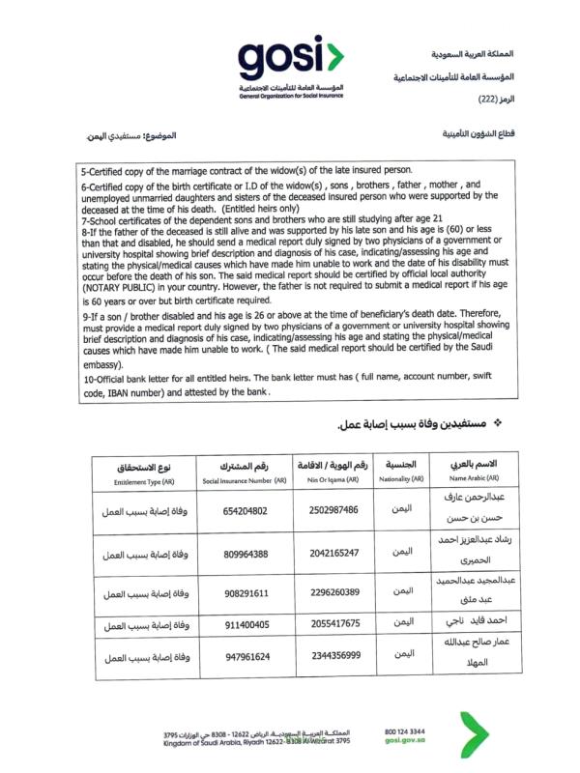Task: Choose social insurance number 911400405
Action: pyautogui.click(x=231, y=624)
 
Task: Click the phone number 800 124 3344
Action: pyautogui.click(x=405, y=732)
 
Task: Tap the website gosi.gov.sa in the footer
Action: pyautogui.click(x=405, y=743)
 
